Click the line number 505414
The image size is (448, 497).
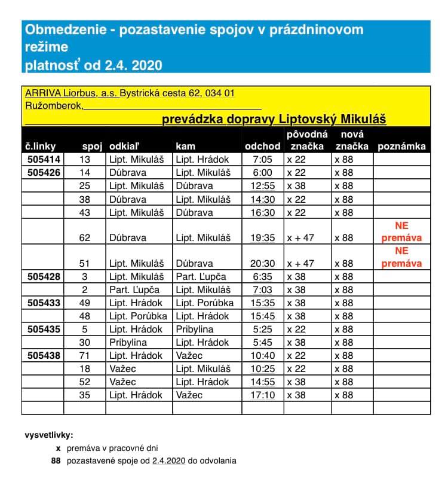(44, 160)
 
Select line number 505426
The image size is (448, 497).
(44, 173)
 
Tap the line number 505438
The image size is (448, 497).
(44, 356)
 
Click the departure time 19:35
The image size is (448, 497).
(263, 238)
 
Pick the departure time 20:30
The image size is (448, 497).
(263, 264)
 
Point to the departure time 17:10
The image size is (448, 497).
(263, 395)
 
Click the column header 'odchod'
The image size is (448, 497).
(263, 146)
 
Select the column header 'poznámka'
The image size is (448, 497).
(401, 146)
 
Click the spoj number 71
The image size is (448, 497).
(85, 356)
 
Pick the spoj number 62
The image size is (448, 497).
(85, 238)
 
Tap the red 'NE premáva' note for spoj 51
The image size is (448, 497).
(401, 257)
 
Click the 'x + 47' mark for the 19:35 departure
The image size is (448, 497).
(300, 238)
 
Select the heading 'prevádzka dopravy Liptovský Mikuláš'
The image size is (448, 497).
(274, 119)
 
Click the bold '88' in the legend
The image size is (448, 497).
(57, 461)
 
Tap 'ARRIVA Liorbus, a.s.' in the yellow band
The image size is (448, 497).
(71, 93)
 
